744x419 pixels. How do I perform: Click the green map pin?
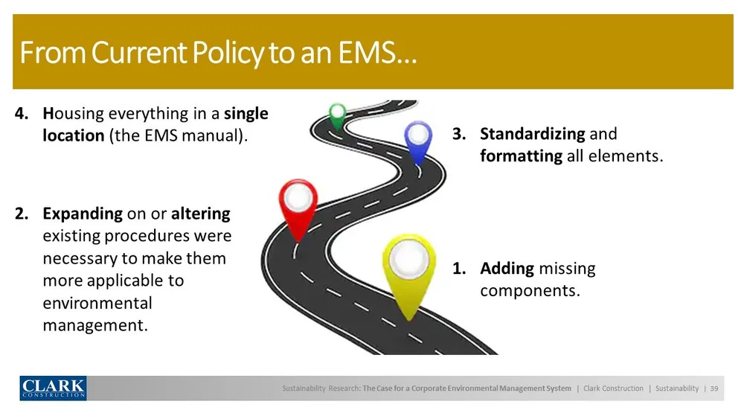pyautogui.click(x=338, y=115)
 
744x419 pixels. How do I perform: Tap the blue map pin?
pyautogui.click(x=418, y=139)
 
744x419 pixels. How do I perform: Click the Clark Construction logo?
pyautogui.click(x=53, y=388)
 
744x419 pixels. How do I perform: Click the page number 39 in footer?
pyautogui.click(x=714, y=388)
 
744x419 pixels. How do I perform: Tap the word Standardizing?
pyautogui.click(x=532, y=134)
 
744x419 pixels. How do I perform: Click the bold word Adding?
pyautogui.click(x=507, y=268)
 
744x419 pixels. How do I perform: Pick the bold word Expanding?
pyautogui.click(x=83, y=214)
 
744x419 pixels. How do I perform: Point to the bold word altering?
pyautogui.click(x=201, y=214)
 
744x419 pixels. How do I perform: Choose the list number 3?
pyautogui.click(x=458, y=134)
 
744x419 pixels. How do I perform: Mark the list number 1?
pyautogui.click(x=458, y=268)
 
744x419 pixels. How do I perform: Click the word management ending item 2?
pyautogui.click(x=94, y=325)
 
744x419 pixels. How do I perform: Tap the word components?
pyautogui.click(x=529, y=290)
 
